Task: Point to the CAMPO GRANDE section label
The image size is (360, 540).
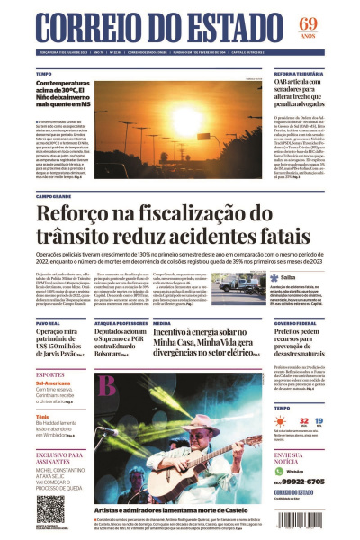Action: [x=54, y=195]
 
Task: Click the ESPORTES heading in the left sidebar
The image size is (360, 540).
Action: [x=50, y=373]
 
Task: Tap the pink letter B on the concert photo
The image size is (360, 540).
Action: [x=108, y=385]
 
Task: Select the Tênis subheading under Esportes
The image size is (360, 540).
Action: [x=42, y=416]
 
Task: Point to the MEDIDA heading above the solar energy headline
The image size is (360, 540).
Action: [x=163, y=321]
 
